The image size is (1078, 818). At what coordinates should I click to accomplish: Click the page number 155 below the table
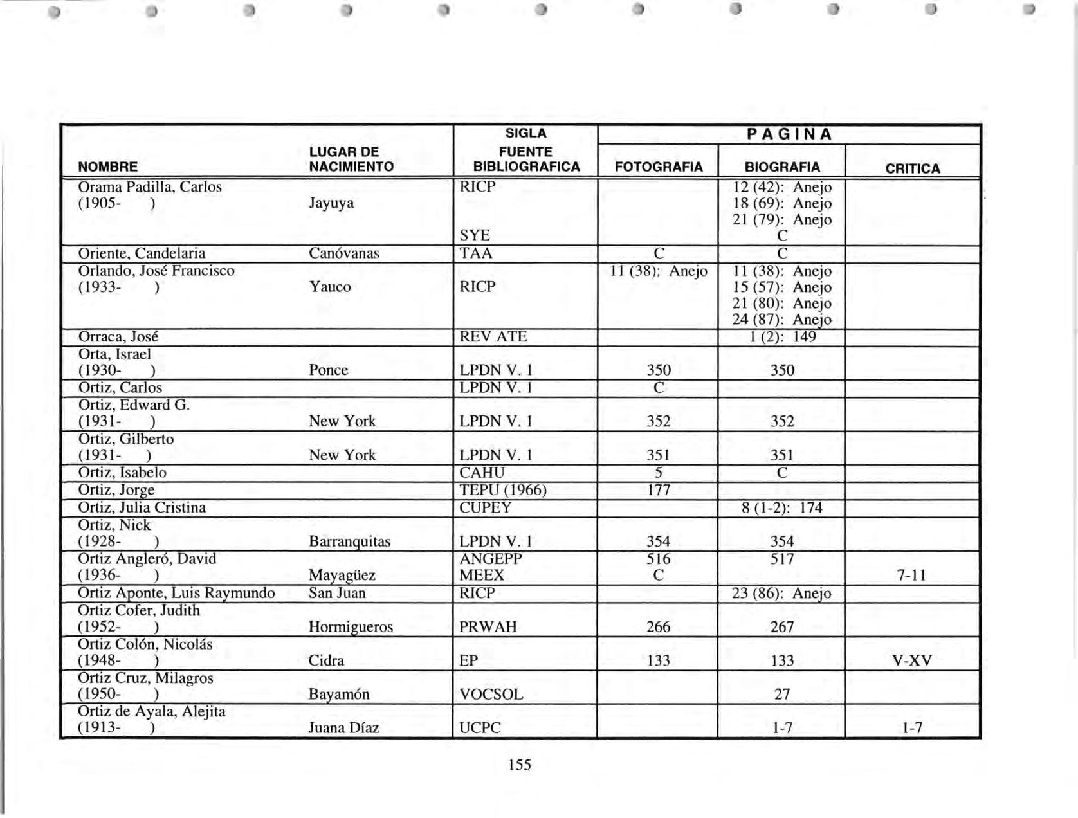coord(519,765)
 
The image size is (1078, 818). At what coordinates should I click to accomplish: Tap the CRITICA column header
coord(912,168)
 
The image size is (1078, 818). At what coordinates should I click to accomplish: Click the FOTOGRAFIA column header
coord(658,167)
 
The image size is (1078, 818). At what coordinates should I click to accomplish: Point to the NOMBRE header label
coord(107,167)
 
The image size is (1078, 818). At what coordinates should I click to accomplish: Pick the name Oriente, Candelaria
coord(142,253)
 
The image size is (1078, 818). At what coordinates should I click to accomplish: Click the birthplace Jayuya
coord(331,203)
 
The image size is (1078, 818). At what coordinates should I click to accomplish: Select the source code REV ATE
coord(493,337)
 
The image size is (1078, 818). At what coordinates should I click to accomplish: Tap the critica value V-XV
coord(912,660)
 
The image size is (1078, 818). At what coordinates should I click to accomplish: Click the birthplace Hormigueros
coord(351,627)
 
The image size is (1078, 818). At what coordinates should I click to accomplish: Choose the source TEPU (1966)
coord(503,490)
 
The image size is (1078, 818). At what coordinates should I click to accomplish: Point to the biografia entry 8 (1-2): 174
coord(781,508)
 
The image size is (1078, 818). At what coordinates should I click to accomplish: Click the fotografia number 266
coord(658,627)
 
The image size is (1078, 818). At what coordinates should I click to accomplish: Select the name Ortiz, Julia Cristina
coord(142,508)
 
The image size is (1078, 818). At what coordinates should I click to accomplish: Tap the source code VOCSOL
coord(491,695)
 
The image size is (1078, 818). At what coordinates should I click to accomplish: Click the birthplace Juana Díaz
coord(343,728)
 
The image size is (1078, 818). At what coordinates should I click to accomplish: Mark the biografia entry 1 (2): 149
coord(782,337)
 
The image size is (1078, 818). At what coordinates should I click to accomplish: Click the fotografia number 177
coord(658,490)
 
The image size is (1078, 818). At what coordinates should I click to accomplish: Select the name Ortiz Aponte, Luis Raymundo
coord(176,593)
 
